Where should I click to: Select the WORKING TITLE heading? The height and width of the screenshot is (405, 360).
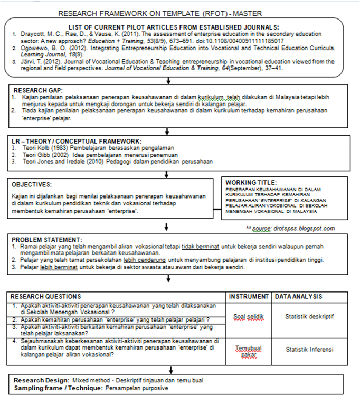(x=251, y=182)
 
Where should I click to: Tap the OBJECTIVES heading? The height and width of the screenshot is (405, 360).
(x=32, y=184)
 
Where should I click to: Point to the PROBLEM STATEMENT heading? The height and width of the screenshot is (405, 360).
(x=47, y=239)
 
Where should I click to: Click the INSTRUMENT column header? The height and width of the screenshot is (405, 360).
(x=249, y=296)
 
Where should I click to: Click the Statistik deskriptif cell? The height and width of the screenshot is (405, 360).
(x=309, y=317)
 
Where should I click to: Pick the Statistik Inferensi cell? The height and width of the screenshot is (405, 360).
(x=309, y=349)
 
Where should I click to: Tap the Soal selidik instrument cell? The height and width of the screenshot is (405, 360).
(x=249, y=317)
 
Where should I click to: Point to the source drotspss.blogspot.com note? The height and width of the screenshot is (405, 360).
(x=290, y=228)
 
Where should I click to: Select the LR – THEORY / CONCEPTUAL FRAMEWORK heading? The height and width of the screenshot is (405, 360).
(x=77, y=141)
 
